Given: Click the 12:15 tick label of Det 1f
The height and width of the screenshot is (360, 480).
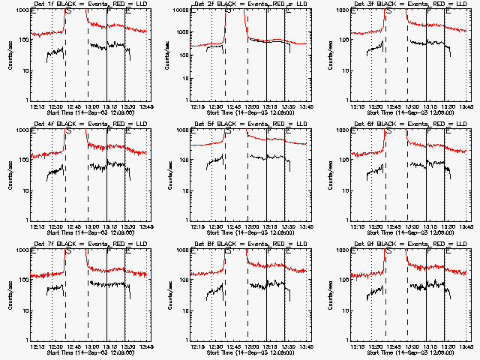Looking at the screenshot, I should [40, 107].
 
